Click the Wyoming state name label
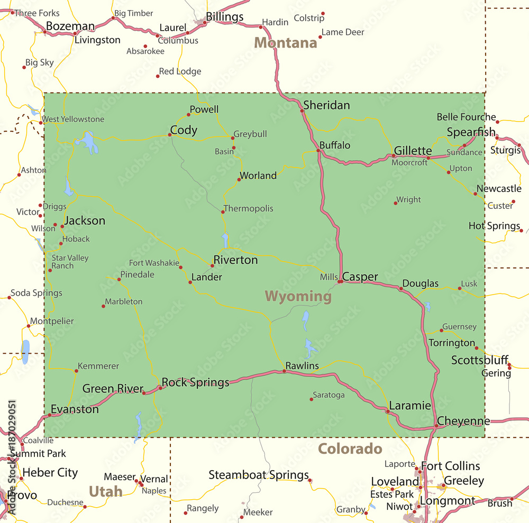[298, 296]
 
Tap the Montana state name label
[286, 43]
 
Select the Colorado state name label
[350, 449]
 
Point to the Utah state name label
[106, 491]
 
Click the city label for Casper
[360, 277]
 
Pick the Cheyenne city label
[463, 421]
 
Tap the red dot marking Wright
[396, 203]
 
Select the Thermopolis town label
[248, 208]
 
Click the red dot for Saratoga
[312, 399]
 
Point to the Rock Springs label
[195, 382]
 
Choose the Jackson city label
[85, 221]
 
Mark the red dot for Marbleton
[103, 306]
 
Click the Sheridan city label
[326, 105]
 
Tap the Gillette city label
[413, 151]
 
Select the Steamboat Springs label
[259, 475]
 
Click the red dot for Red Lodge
[158, 76]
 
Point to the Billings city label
[224, 17]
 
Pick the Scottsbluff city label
[480, 360]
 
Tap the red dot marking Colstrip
[323, 14]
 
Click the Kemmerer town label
[98, 366]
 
